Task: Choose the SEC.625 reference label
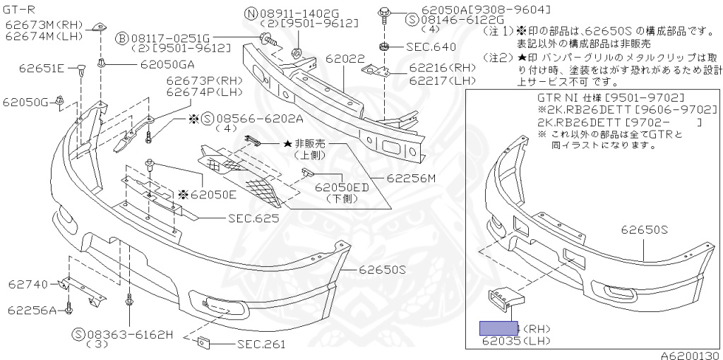253,218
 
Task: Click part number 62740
28,284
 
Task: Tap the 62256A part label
32,309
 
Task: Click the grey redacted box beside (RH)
498,328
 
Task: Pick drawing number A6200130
689,354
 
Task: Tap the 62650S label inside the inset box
645,229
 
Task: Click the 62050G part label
25,102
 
